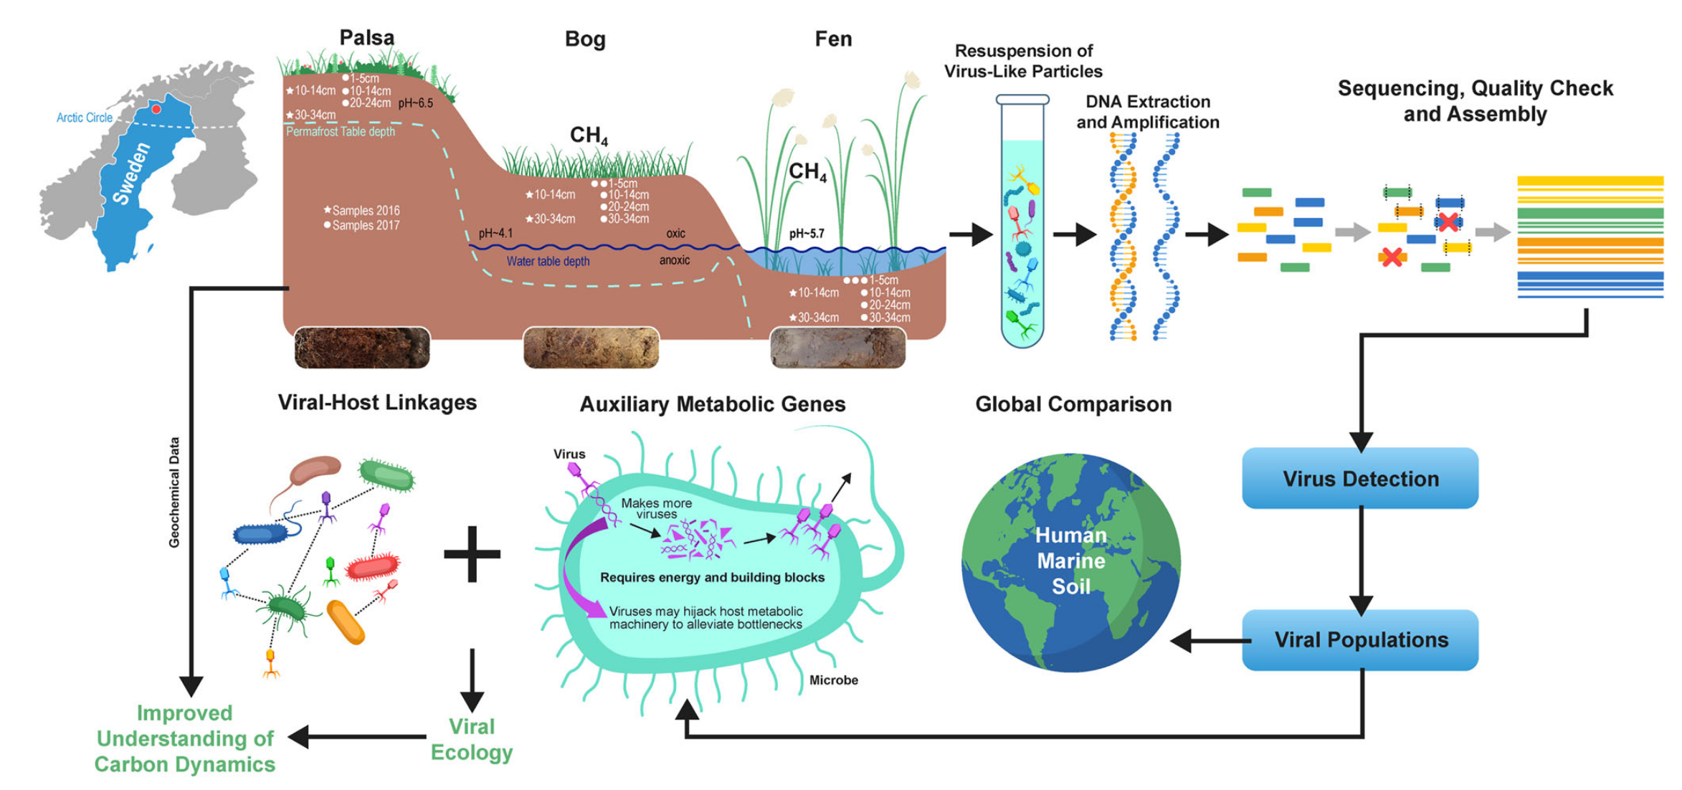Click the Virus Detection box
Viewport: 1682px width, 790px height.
(x=1359, y=478)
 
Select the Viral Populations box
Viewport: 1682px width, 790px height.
(x=1359, y=639)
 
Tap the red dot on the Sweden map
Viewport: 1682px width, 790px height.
(x=156, y=109)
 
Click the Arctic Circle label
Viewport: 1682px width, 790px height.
(x=85, y=118)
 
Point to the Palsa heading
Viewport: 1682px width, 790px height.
(x=366, y=37)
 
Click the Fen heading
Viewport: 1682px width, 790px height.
(x=833, y=39)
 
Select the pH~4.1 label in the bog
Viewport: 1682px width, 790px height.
(x=495, y=233)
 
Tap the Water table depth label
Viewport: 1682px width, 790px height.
(x=548, y=261)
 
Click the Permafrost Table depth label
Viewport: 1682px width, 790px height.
(x=341, y=132)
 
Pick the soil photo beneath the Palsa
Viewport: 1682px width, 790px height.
(x=362, y=348)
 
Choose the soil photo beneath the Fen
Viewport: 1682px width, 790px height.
(x=837, y=348)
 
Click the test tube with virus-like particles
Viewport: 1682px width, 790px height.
(x=1022, y=222)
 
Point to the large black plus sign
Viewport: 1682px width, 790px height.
(x=472, y=553)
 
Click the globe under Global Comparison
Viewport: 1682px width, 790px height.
(x=1070, y=563)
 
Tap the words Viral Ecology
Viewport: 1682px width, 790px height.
(x=471, y=739)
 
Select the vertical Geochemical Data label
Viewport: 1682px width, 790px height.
(x=174, y=492)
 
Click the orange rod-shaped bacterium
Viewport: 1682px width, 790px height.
(x=346, y=622)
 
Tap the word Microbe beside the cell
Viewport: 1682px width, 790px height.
(x=833, y=680)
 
